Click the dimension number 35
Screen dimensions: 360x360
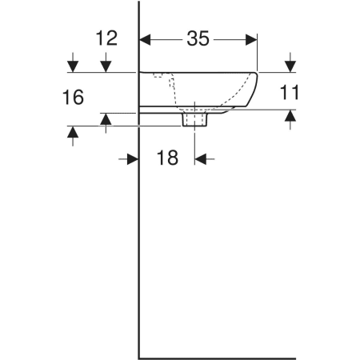click(198, 38)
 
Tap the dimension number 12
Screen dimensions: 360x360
click(106, 38)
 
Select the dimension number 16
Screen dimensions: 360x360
click(73, 97)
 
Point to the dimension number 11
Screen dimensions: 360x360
click(289, 92)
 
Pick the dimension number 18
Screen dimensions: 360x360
click(167, 158)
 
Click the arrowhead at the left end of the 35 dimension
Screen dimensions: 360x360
click(145, 40)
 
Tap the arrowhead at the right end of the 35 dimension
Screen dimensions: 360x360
click(251, 40)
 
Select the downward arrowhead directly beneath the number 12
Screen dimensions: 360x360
click(106, 66)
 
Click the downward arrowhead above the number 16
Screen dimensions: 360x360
click(73, 66)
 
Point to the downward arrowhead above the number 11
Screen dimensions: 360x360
click(290, 66)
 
